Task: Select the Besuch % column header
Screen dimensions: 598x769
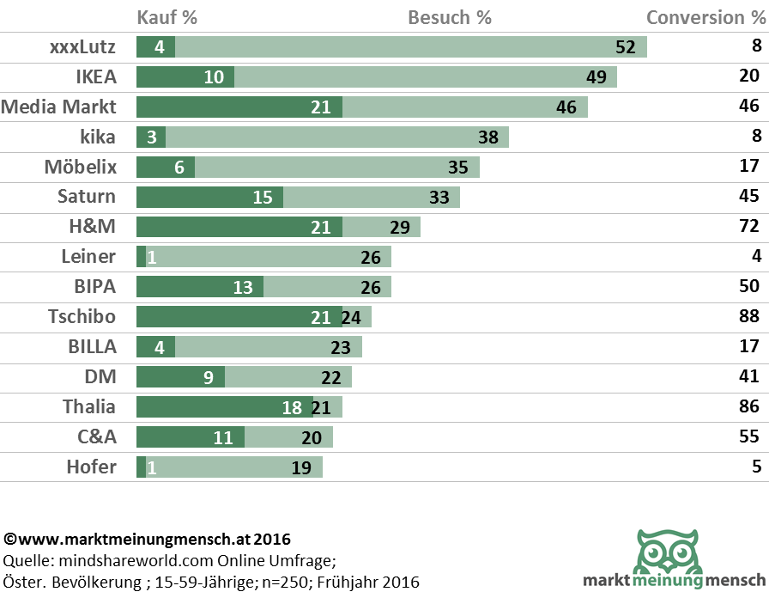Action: pos(450,17)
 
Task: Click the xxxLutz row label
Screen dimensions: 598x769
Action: pos(82,47)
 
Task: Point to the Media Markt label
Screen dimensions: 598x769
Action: pos(58,107)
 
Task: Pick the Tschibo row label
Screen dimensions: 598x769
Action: pos(82,317)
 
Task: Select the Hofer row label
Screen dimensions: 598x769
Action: pos(91,467)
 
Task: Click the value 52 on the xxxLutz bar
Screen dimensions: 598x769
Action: pos(625,47)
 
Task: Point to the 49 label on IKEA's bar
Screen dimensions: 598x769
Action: pos(596,77)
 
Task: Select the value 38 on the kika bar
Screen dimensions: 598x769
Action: pos(488,137)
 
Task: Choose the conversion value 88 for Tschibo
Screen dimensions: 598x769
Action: pos(749,317)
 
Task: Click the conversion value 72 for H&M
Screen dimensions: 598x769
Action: pos(749,227)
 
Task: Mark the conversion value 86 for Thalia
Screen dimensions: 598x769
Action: pos(749,407)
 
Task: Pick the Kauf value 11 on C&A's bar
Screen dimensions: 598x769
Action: pos(223,437)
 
